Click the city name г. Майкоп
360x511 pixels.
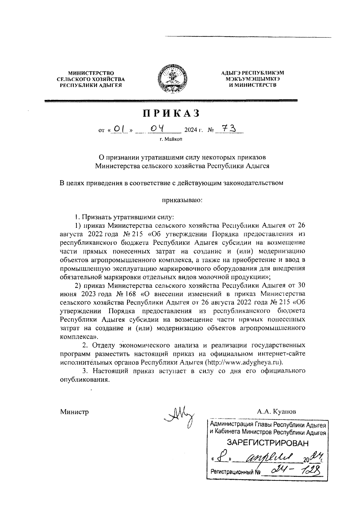pos(171,139)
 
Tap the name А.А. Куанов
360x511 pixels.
pos(276,411)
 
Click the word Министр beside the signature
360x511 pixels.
pos(74,412)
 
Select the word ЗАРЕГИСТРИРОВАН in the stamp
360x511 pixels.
pos(268,443)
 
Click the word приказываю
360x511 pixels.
pos(182,199)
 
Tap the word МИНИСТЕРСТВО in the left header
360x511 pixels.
pos(91,73)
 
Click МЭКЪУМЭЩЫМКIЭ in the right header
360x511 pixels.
pos(252,79)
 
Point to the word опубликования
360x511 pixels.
pos(84,379)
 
